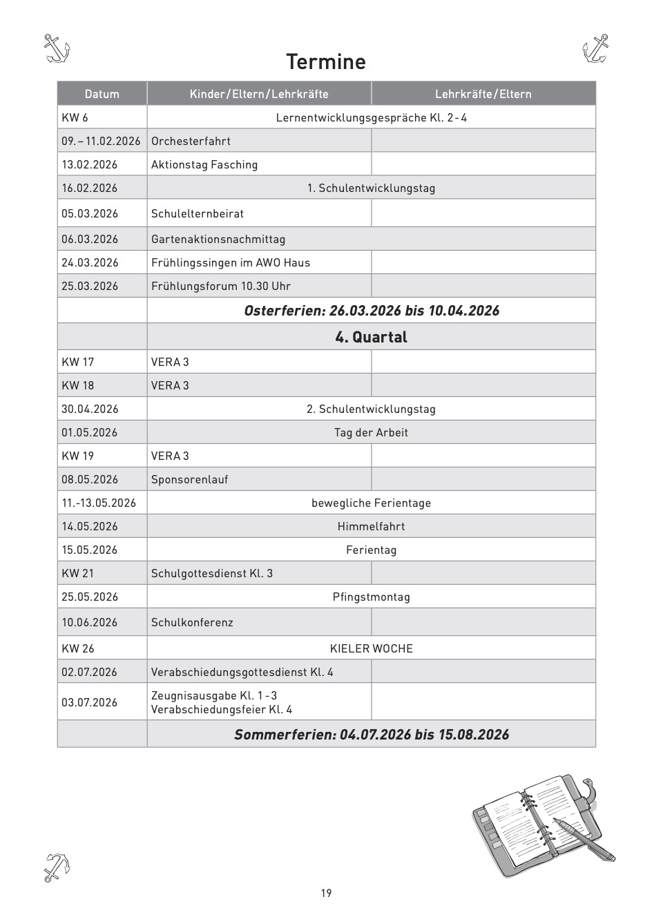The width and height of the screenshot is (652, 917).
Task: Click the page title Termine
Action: [326, 62]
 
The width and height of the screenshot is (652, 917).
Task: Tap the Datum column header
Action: [102, 94]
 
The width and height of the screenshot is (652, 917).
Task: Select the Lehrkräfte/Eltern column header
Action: [483, 94]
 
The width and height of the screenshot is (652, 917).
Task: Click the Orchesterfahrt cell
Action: [191, 141]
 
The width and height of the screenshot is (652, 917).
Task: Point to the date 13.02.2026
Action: [90, 164]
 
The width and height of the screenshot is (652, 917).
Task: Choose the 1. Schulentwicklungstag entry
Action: [371, 188]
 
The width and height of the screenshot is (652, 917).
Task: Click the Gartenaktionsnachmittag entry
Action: [218, 239]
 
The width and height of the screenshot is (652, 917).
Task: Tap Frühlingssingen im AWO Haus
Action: [231, 262]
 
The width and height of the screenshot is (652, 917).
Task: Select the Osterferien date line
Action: [372, 311]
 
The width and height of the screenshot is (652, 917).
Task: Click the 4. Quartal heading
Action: [371, 337]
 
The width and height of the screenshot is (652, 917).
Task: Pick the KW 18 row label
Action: [78, 385]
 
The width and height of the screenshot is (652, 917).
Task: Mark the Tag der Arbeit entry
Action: [371, 432]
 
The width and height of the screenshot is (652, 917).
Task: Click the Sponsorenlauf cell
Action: [190, 479]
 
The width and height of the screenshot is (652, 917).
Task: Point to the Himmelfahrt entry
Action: [371, 526]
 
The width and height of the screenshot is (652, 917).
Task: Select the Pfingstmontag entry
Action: [371, 597]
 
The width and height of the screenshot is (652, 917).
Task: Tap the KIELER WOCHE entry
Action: [371, 648]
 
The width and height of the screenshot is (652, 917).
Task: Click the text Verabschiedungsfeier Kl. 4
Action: [222, 709]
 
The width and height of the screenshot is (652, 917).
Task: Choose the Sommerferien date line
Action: [372, 734]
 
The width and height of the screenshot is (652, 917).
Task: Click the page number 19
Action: [326, 893]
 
